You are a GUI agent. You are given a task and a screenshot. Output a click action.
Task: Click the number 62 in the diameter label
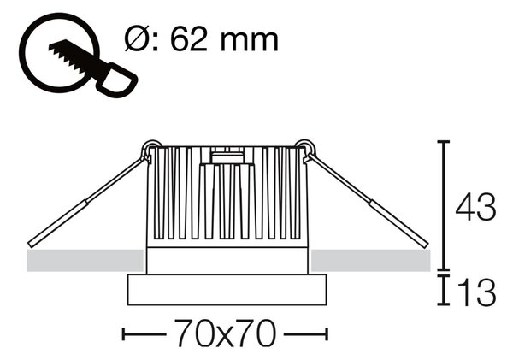click(189, 40)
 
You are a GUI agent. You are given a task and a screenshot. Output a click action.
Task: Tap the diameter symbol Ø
click(137, 40)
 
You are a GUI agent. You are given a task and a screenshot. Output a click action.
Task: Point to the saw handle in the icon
click(118, 80)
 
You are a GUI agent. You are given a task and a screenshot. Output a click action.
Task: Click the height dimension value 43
click(475, 208)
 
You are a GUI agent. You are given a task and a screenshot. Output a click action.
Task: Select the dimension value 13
click(477, 293)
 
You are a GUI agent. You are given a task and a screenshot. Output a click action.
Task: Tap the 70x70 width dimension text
click(224, 333)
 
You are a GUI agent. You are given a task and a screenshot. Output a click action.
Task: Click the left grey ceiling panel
click(85, 261)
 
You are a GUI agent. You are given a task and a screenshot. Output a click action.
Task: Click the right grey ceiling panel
click(370, 261)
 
